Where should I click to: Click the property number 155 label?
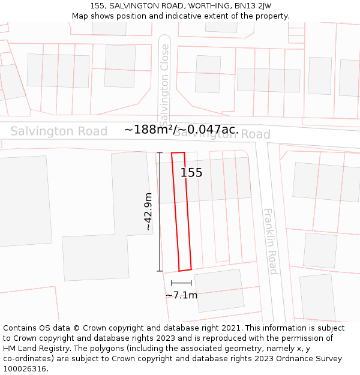coord(191,173)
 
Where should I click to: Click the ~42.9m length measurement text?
coord(148,212)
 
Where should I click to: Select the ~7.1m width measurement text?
coord(181,295)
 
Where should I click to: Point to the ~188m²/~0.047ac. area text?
coord(181,130)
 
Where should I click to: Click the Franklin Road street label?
coord(271,241)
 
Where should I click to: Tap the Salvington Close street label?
coord(164,81)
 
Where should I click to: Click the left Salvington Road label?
coord(59,131)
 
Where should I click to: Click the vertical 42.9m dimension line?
coord(160,212)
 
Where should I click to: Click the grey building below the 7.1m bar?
coord(220,290)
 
